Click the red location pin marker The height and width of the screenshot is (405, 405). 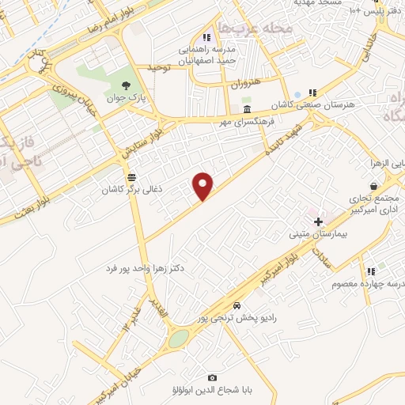coord(204,185)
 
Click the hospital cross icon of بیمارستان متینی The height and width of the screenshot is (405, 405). coord(318,222)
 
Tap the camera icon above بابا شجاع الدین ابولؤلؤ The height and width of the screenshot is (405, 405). coord(211,378)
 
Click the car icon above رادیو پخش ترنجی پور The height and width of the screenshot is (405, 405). coord(237,305)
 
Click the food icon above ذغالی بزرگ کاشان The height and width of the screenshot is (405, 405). coord(131,177)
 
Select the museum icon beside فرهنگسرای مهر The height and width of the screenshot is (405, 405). coord(248,109)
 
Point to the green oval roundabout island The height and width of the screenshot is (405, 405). coord(179,339)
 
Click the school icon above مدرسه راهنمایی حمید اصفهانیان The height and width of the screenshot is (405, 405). coord(206,37)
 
